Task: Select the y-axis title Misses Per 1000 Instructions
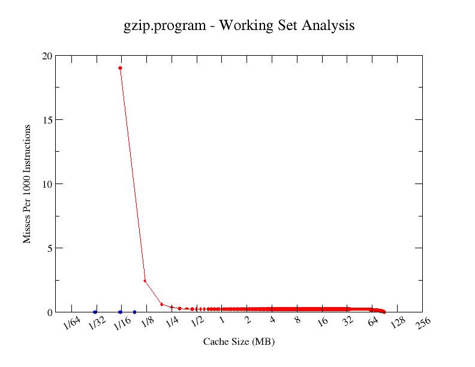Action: click(27, 184)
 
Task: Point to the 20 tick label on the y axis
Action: click(46, 56)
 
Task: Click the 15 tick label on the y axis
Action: click(46, 120)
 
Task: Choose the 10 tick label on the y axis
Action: click(46, 184)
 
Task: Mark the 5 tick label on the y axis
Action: click(49, 248)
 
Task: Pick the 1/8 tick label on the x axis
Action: click(148, 323)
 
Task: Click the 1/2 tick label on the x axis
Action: click(198, 323)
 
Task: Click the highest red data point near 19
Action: click(121, 68)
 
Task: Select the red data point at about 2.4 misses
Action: click(145, 281)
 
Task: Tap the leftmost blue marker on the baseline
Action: click(95, 312)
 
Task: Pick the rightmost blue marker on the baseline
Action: click(134, 312)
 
